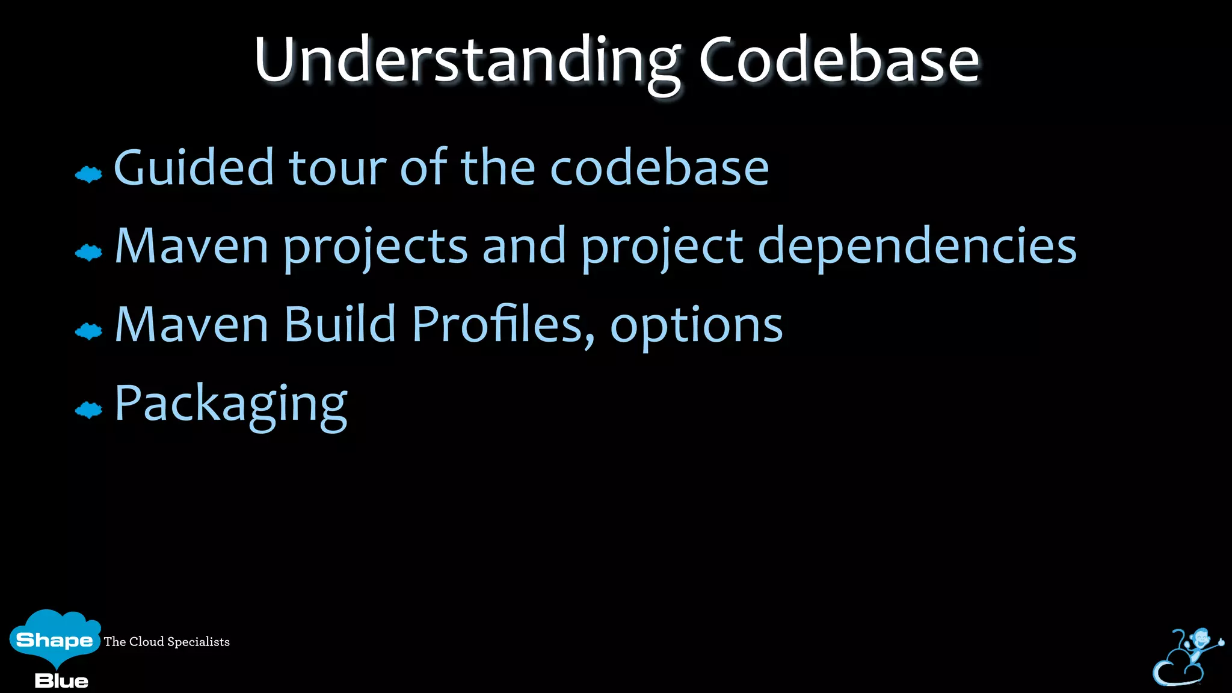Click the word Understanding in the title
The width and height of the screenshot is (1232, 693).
point(466,60)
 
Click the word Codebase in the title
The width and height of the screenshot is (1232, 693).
point(839,60)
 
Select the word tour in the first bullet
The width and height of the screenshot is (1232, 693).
point(337,168)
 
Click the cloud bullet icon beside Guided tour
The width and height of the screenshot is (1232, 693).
point(89,174)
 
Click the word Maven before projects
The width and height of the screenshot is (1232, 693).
point(191,247)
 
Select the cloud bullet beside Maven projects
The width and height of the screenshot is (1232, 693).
point(89,253)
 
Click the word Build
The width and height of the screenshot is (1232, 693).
point(339,325)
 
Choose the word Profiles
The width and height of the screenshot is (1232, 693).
point(498,325)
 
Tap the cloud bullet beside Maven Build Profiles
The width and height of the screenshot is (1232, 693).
point(89,331)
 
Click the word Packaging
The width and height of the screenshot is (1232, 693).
point(230,405)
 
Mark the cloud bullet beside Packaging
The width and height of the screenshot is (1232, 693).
point(89,410)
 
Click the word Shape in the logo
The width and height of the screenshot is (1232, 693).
point(54,639)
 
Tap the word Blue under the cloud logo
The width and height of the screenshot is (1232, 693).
point(61,681)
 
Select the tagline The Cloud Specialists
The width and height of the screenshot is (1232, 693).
point(167,642)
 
